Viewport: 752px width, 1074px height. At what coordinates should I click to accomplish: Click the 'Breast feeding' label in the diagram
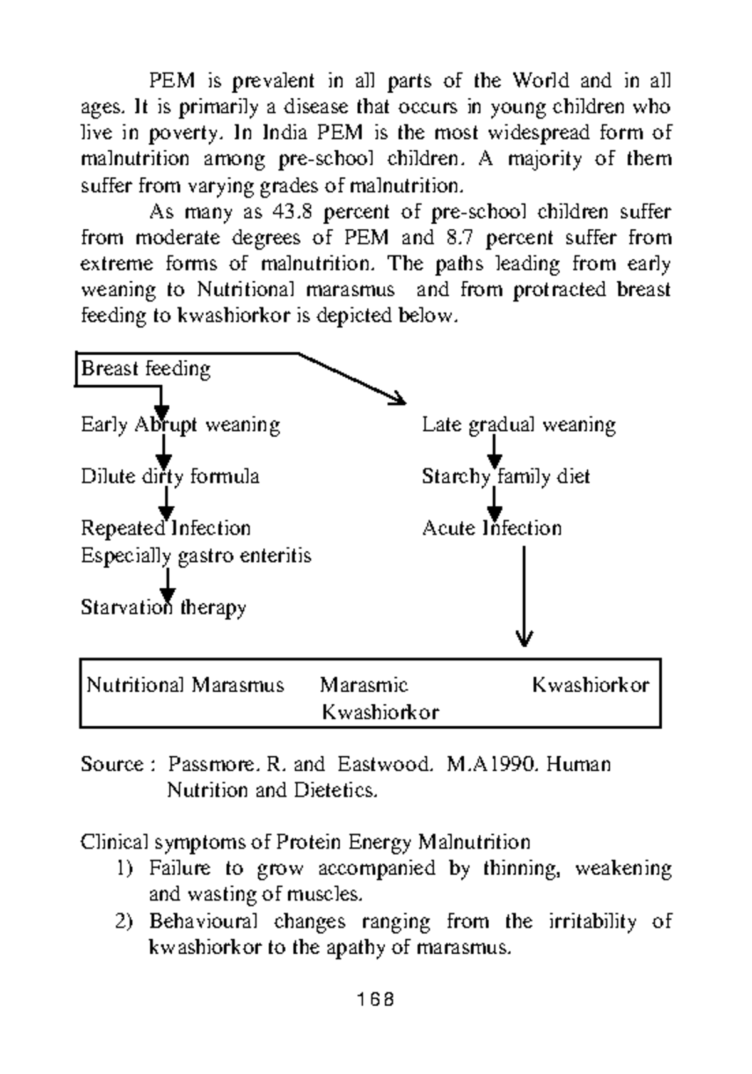pyautogui.click(x=145, y=368)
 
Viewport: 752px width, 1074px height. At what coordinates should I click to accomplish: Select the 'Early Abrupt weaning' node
pyautogui.click(x=180, y=425)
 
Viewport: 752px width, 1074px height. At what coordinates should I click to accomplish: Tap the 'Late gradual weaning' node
pyautogui.click(x=518, y=425)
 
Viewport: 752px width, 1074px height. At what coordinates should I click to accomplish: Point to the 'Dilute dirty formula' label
pyautogui.click(x=170, y=476)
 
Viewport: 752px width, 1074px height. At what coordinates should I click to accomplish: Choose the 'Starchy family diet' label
pyautogui.click(x=506, y=476)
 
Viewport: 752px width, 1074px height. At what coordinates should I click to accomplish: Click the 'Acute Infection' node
pyautogui.click(x=491, y=528)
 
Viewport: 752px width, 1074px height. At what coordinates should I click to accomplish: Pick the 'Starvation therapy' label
pyautogui.click(x=163, y=607)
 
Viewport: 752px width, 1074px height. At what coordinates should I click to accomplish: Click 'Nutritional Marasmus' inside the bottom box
pyautogui.click(x=185, y=685)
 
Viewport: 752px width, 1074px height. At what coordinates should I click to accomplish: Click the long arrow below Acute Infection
pyautogui.click(x=524, y=595)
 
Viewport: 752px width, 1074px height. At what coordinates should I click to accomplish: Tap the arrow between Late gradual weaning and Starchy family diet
pyautogui.click(x=494, y=451)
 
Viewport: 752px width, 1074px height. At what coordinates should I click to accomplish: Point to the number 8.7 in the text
pyautogui.click(x=462, y=238)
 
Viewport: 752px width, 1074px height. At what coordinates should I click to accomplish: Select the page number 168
pyautogui.click(x=376, y=999)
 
